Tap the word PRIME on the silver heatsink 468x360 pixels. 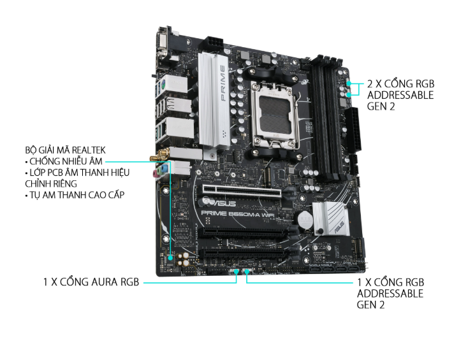point(223,83)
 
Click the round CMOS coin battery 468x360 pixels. point(304,220)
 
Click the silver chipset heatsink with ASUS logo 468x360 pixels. point(331,219)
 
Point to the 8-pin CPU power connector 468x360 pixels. point(214,43)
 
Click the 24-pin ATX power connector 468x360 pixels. point(353,129)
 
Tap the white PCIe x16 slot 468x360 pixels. point(242,192)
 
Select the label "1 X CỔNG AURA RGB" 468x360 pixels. point(91,282)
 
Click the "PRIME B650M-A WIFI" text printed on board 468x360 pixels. point(238,213)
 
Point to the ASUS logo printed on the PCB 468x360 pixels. point(220,203)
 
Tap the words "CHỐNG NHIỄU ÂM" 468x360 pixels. point(66,161)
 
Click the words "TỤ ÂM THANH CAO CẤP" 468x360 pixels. point(77,195)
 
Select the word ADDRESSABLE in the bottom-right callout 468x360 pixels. point(390,294)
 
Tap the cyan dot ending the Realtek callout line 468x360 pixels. point(170,257)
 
